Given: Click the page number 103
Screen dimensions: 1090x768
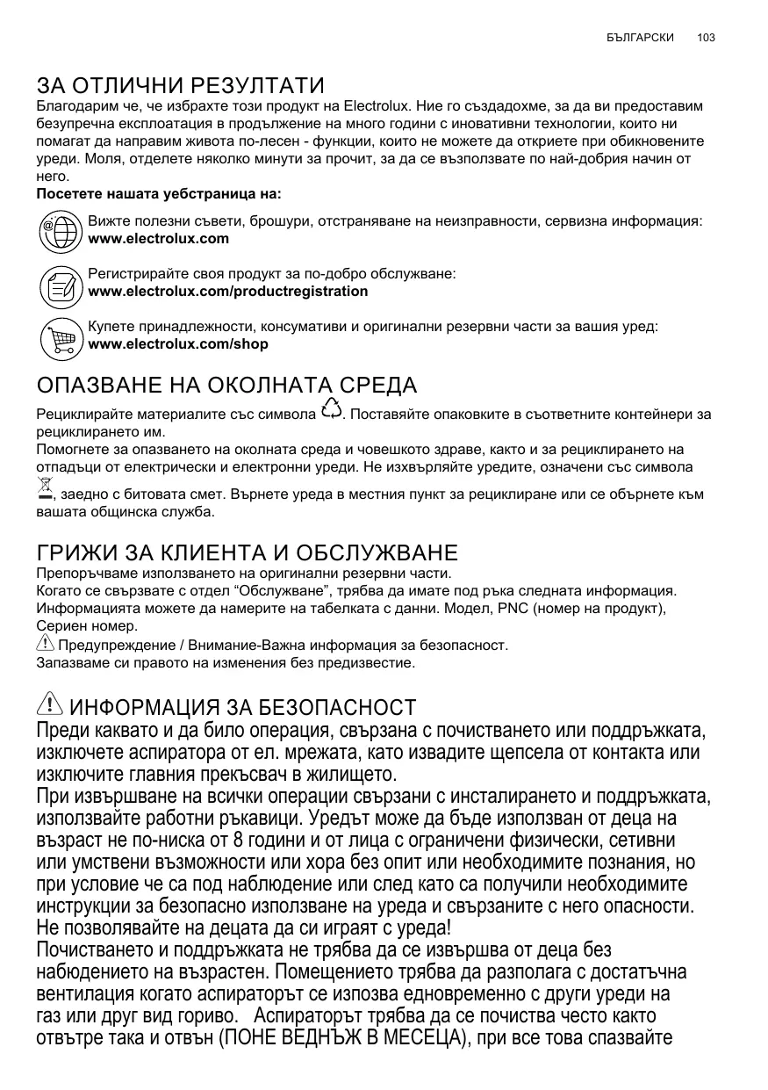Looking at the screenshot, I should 706,38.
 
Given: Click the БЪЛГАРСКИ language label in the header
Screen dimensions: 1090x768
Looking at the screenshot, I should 640,38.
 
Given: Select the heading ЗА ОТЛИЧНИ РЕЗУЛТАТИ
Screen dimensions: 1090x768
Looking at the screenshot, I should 180,86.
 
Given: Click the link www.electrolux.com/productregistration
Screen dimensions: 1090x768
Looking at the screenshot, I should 228,292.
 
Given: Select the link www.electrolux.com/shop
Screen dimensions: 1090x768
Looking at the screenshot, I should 178,344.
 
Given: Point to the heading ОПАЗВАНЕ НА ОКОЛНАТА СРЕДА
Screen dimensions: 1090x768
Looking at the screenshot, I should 226,386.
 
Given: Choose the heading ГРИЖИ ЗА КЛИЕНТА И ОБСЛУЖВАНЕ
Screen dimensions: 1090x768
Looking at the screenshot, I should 247,552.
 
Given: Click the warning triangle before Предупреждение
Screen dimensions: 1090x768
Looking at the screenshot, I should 45,644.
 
